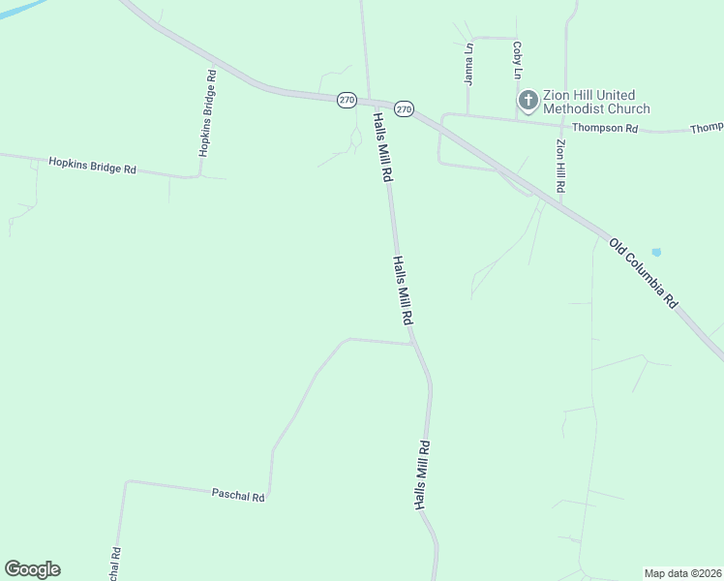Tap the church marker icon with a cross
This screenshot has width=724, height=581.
pos(528,101)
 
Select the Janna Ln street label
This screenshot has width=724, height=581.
pos(469,65)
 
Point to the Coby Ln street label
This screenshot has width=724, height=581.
pos(518,60)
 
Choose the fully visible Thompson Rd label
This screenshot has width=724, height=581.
pos(605,128)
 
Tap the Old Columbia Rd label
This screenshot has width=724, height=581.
pos(644,272)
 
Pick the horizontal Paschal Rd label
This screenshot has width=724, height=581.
pos(238,495)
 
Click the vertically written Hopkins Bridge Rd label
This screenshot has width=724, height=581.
pos(206,113)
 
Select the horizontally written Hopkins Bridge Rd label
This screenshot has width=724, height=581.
pos(92,166)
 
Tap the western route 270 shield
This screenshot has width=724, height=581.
pos(347,100)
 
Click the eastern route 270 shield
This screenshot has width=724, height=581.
pos(405,109)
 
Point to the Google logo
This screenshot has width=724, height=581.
pos(32,569)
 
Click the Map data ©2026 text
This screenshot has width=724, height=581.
pos(682,572)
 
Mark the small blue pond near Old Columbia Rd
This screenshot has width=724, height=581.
pos(656,253)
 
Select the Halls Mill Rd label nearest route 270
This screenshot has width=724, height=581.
pos(381,147)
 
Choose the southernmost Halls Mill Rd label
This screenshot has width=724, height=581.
pos(422,476)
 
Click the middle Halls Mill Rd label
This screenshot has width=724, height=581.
pos(404,290)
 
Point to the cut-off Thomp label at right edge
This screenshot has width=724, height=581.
pos(707,128)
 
